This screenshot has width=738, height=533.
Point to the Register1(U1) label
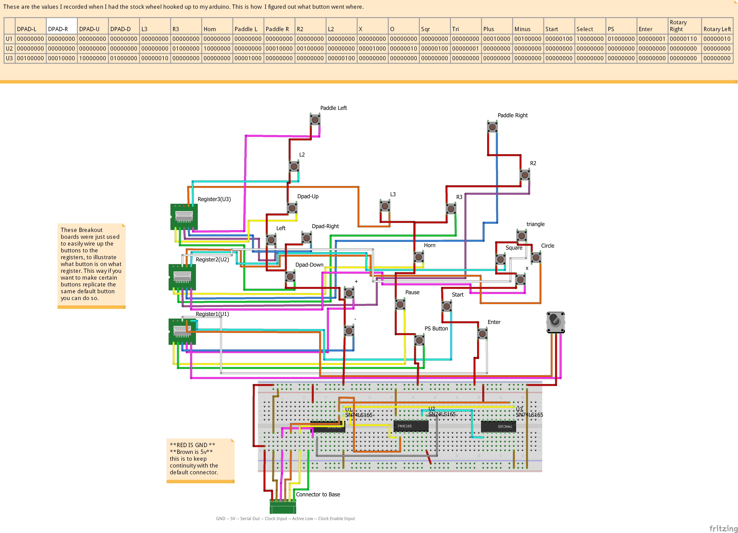pos(212,314)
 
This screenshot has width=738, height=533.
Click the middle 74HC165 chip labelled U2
pos(411,426)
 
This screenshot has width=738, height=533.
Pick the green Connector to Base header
pos(283,506)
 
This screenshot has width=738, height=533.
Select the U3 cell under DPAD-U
pos(92,58)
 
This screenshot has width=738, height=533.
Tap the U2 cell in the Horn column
pos(217,48)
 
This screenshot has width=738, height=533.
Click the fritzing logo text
pos(723,528)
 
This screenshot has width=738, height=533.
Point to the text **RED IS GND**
pos(192,445)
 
